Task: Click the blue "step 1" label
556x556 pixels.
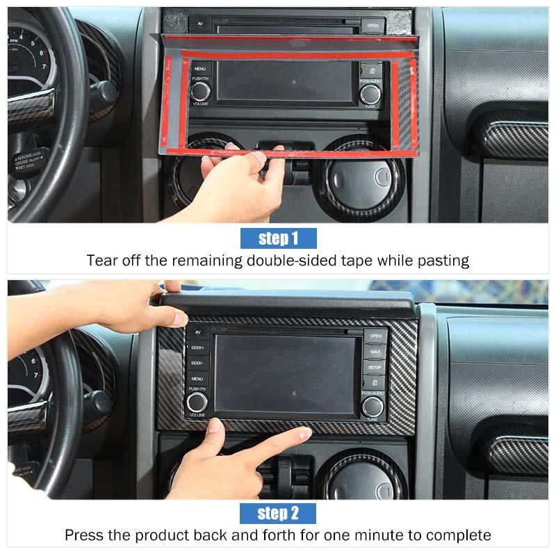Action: tap(278, 238)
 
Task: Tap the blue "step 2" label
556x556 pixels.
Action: tap(278, 514)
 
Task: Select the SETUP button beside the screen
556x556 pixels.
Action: tap(375, 367)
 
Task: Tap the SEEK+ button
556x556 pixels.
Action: tap(197, 347)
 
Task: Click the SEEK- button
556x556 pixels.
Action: tap(197, 363)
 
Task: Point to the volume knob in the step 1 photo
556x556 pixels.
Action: tap(200, 91)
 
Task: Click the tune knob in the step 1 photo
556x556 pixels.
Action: tap(370, 94)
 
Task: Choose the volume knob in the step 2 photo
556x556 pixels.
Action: tap(197, 402)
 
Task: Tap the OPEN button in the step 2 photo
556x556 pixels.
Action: tap(375, 336)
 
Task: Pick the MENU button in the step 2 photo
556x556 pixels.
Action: tap(197, 379)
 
